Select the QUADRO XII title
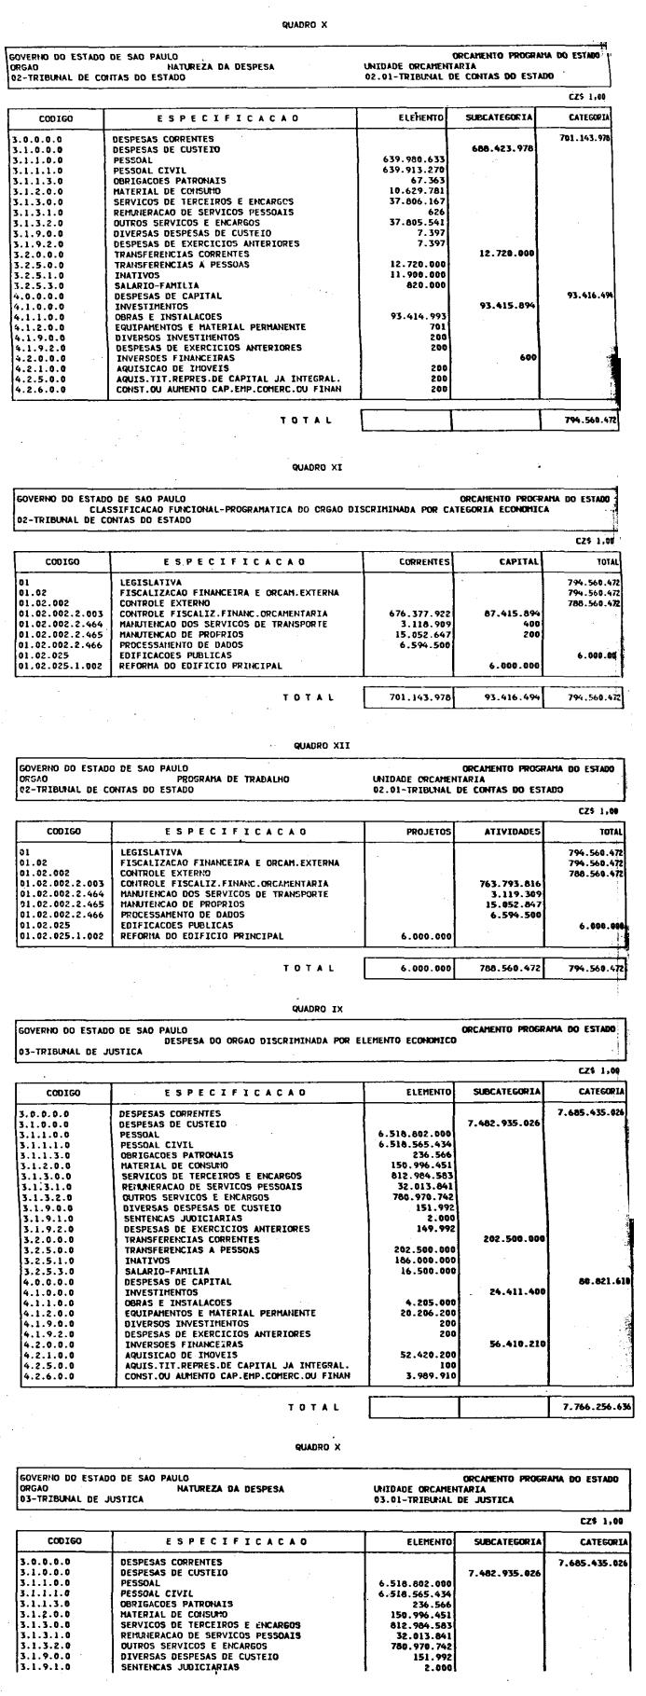click(x=318, y=746)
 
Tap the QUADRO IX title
click(x=318, y=1009)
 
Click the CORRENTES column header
click(x=424, y=562)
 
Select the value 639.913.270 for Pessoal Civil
click(x=414, y=170)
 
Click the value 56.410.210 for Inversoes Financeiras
click(x=515, y=1344)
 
